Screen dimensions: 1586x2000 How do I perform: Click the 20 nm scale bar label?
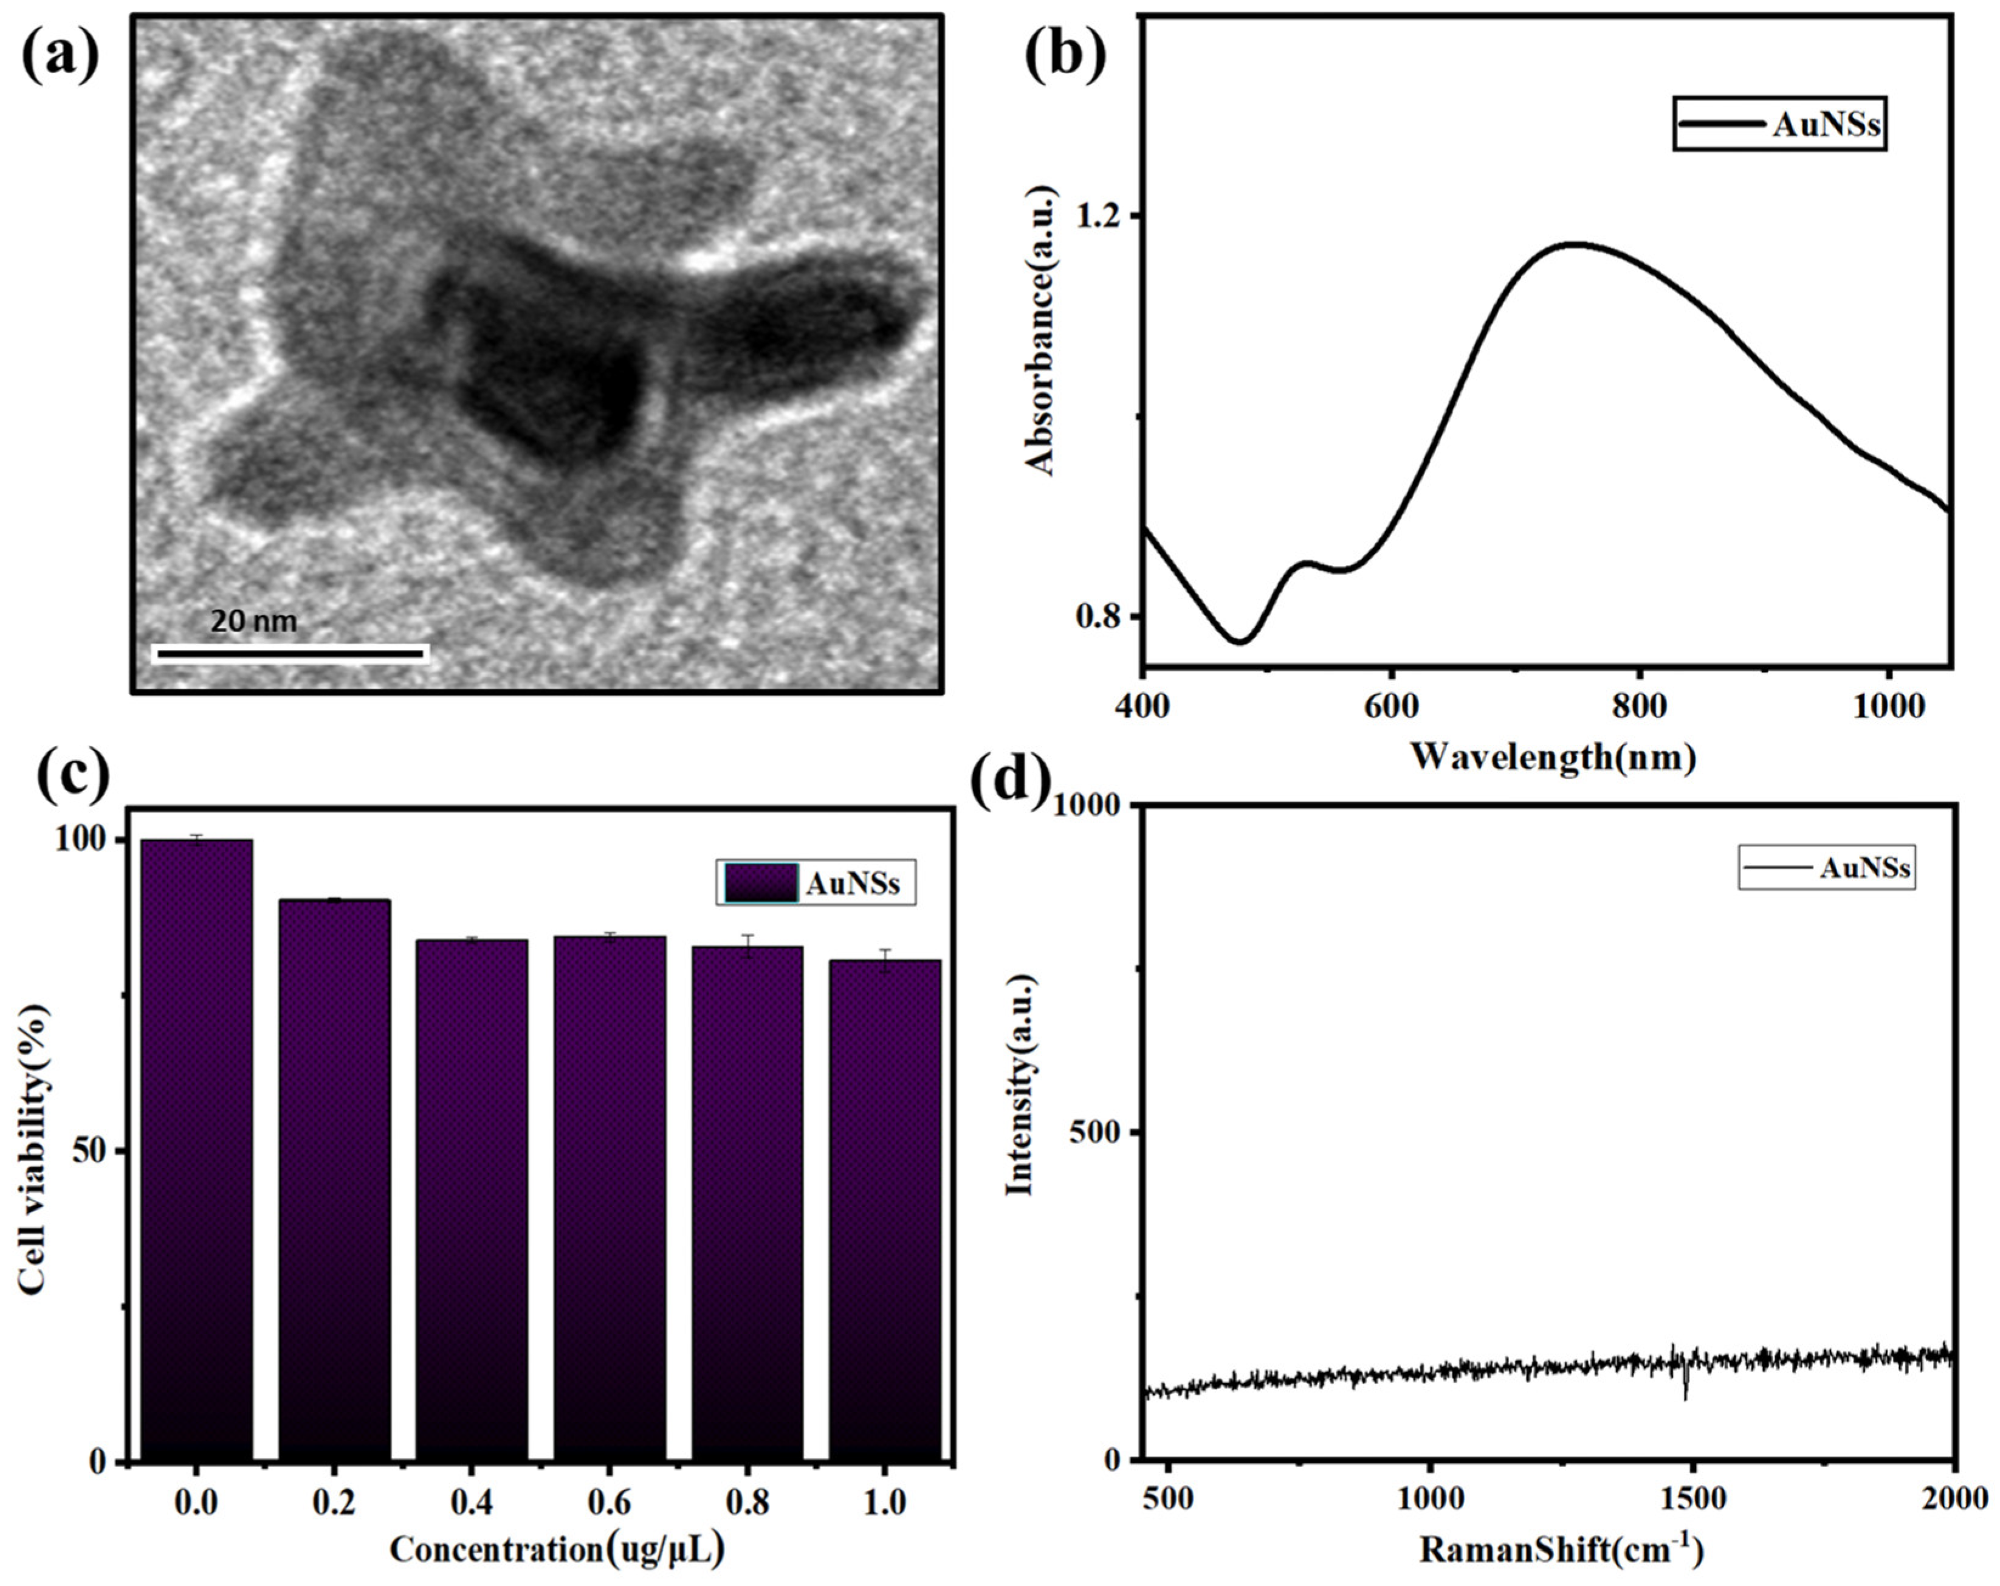(253, 621)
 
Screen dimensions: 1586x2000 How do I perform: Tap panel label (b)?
(1064, 54)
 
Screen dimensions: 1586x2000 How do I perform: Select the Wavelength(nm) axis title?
(1554, 757)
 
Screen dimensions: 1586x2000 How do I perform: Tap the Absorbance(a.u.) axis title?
(1042, 330)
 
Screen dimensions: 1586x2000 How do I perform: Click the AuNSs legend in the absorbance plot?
(1780, 124)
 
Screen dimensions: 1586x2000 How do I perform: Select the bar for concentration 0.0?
(196, 1151)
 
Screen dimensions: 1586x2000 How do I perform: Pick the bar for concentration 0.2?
(334, 1179)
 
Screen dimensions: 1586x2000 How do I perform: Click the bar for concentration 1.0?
(885, 1207)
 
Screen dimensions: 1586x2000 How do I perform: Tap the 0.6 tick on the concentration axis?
(610, 1501)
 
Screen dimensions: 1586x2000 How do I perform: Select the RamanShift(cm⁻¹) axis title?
(1562, 1550)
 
